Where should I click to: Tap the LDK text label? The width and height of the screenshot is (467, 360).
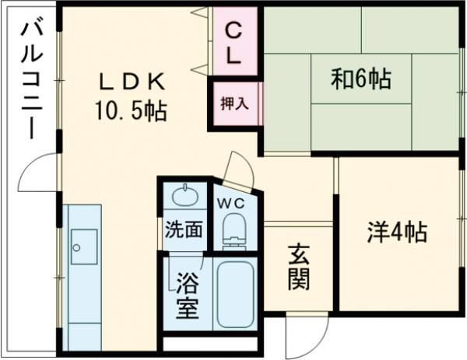[x=131, y=81]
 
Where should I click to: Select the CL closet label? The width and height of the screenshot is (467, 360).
[x=233, y=42]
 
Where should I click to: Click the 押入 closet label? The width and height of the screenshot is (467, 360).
[x=234, y=103]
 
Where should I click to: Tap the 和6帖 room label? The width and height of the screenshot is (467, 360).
[x=360, y=78]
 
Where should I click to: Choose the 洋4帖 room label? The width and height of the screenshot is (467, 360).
[x=397, y=232]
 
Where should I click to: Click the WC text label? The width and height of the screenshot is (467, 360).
[x=232, y=204]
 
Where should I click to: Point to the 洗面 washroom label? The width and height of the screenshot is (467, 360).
[x=184, y=230]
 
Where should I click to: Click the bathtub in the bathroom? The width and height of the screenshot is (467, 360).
[x=236, y=294]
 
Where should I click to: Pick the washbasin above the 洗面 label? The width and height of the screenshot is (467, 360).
[x=185, y=195]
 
